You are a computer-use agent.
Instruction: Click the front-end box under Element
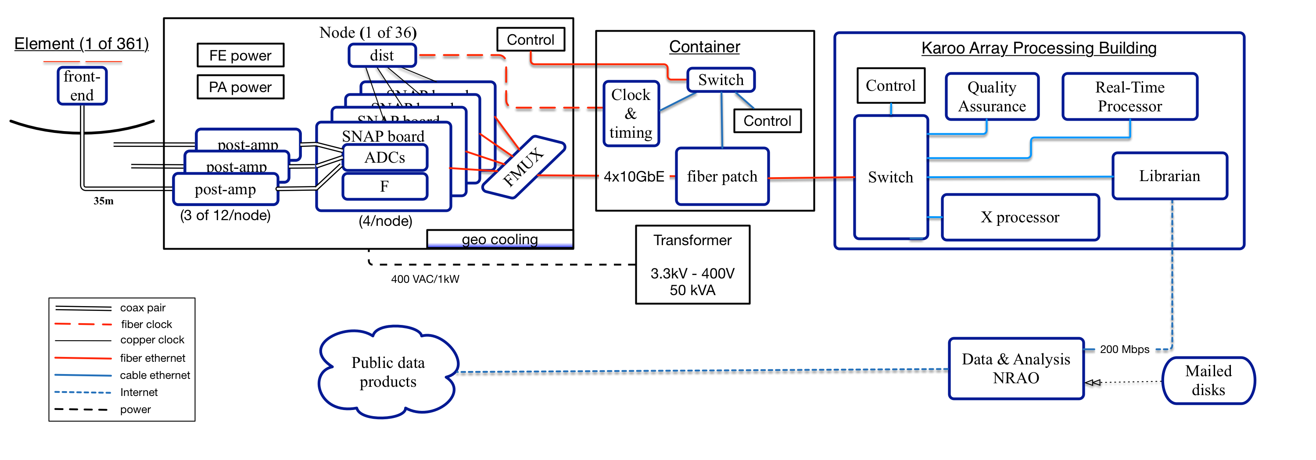(x=82, y=86)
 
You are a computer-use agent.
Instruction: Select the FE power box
(x=240, y=55)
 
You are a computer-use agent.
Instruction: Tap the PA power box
(x=240, y=87)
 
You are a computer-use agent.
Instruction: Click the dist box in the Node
(x=382, y=55)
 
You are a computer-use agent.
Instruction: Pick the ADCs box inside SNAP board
(x=385, y=157)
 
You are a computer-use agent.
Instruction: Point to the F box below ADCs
(x=385, y=186)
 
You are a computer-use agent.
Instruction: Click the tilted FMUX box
(x=523, y=167)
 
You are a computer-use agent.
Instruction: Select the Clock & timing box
(x=631, y=113)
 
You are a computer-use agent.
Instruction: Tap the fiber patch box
(x=722, y=177)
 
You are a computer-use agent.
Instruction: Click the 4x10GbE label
(x=634, y=177)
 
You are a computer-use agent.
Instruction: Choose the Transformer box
(x=692, y=264)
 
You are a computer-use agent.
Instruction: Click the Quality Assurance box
(x=992, y=96)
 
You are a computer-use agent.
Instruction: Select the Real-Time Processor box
(x=1130, y=96)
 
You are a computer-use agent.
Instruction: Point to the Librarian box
(x=1169, y=176)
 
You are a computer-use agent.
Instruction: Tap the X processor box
(x=1020, y=218)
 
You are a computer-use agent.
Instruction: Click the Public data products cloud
(x=388, y=372)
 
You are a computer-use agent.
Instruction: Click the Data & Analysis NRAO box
(x=1015, y=368)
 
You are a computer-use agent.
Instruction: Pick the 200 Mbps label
(x=1124, y=349)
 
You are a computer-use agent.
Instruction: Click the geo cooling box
(x=500, y=239)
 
